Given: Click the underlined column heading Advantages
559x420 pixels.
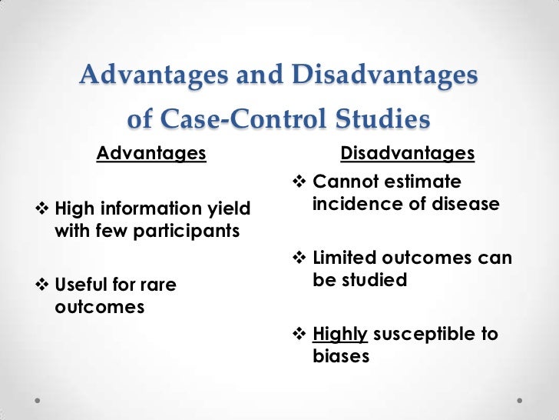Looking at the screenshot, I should pyautogui.click(x=151, y=154).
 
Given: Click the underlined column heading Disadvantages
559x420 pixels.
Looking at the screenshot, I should pyautogui.click(x=407, y=154).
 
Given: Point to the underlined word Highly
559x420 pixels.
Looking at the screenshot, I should pyautogui.click(x=342, y=335).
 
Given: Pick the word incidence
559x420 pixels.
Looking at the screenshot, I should pyautogui.click(x=354, y=205).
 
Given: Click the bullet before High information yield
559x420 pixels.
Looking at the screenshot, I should pyautogui.click(x=42, y=208).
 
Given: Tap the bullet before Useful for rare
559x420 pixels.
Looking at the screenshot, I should pyautogui.click(x=42, y=285).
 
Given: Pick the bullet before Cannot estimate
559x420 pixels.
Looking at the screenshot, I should pyautogui.click(x=299, y=182).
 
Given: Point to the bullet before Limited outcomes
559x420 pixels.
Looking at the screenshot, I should pyautogui.click(x=299, y=258).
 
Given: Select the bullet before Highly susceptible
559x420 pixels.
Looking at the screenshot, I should pyautogui.click(x=299, y=335).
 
